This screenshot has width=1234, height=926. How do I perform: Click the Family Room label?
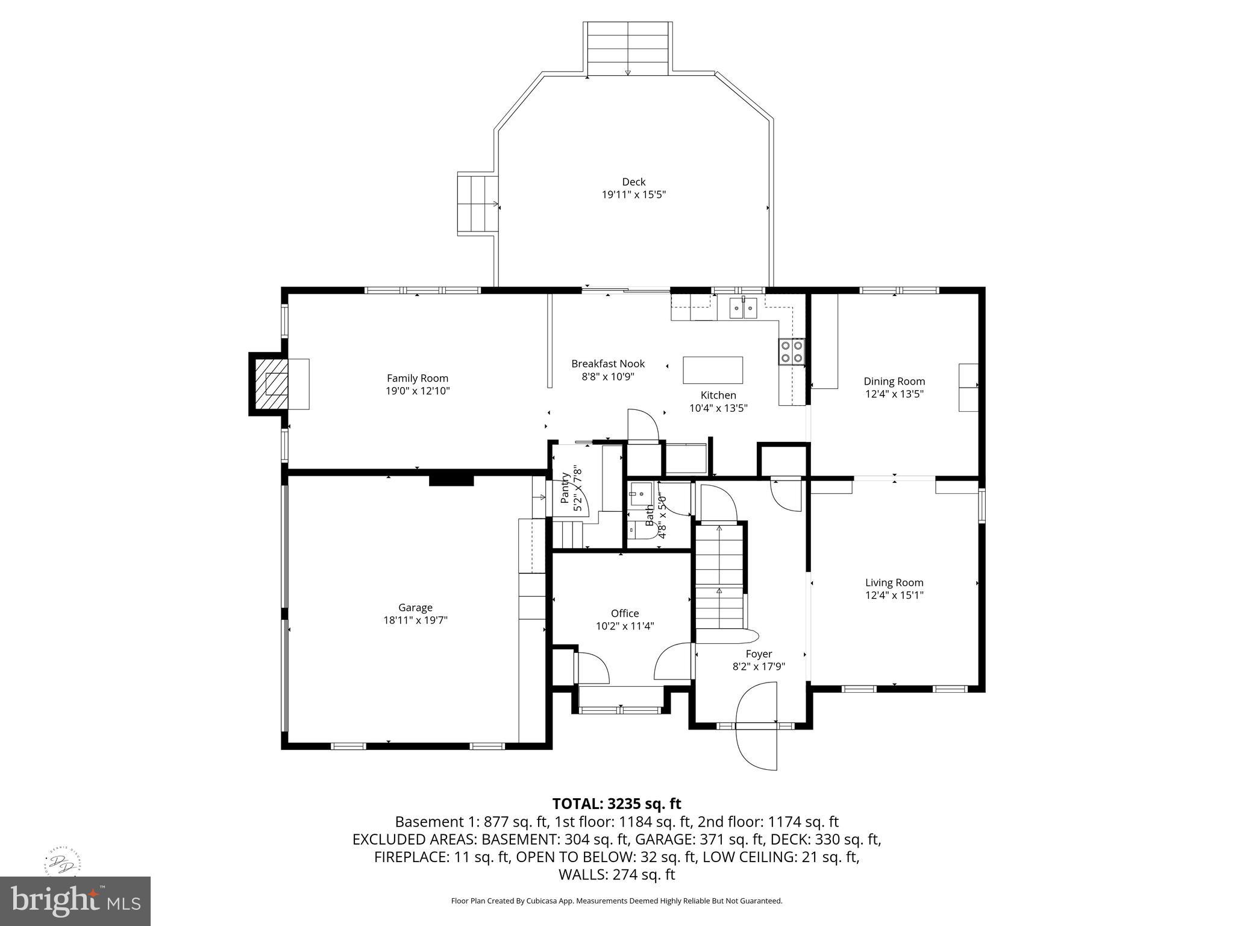click(x=417, y=378)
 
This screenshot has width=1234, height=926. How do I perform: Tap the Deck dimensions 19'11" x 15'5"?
click(x=633, y=195)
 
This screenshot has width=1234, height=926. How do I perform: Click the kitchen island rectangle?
click(x=712, y=370)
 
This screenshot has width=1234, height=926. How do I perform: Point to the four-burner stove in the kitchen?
click(x=791, y=352)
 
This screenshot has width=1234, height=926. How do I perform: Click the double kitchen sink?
click(x=743, y=308)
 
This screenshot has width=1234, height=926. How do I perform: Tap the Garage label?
click(x=415, y=607)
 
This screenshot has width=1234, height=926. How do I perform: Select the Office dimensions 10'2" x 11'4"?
click(x=625, y=626)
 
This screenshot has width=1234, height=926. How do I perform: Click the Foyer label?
click(x=759, y=654)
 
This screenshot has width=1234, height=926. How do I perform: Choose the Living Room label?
click(x=894, y=582)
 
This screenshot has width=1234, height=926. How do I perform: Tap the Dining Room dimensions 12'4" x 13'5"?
click(x=894, y=394)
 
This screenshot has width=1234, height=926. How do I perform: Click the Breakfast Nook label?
click(x=608, y=364)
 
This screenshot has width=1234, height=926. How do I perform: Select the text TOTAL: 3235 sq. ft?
click(x=616, y=804)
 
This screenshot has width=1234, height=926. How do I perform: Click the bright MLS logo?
click(x=75, y=901)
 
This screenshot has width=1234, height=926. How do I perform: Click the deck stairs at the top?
click(x=627, y=49)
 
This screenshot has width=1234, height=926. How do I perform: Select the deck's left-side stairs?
click(x=478, y=205)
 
